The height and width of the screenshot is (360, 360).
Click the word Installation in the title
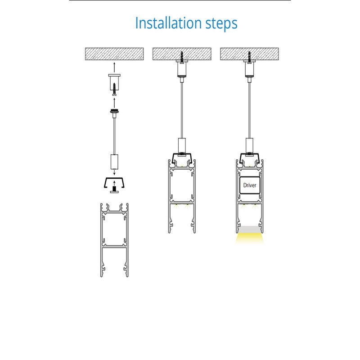(x=169, y=23)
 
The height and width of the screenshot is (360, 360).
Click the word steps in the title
(x=221, y=24)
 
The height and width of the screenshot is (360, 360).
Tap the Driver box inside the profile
(x=250, y=185)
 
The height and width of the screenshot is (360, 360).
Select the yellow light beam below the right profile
(x=250, y=239)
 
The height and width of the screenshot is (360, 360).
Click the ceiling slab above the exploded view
(x=114, y=54)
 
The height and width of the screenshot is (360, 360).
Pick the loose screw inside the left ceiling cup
(x=114, y=89)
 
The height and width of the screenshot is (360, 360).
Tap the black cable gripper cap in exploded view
(x=114, y=111)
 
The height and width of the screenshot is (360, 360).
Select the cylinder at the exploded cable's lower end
(x=114, y=162)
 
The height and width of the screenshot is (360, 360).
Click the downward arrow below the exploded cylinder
(x=114, y=172)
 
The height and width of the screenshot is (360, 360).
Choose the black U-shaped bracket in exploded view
(x=114, y=183)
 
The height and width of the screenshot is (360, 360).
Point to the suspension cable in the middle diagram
(x=182, y=110)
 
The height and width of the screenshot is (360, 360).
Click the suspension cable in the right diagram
(x=249, y=110)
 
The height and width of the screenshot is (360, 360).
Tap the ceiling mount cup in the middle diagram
(x=182, y=68)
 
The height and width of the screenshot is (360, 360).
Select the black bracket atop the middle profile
(x=182, y=158)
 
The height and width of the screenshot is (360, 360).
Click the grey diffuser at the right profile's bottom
(x=250, y=229)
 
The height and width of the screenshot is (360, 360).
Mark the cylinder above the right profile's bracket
(x=249, y=145)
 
